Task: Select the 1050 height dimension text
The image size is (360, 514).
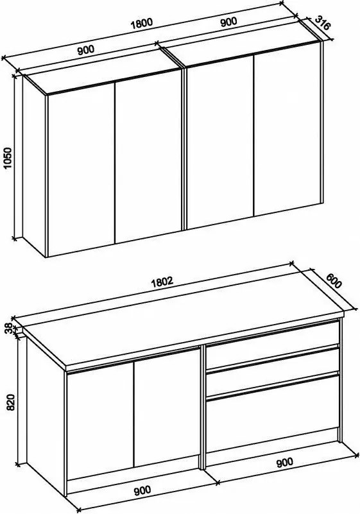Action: (8, 157)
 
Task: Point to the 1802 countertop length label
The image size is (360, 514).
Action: (162, 283)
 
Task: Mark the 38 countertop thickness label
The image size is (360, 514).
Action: (8, 328)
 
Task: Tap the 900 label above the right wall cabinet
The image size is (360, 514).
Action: (228, 21)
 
